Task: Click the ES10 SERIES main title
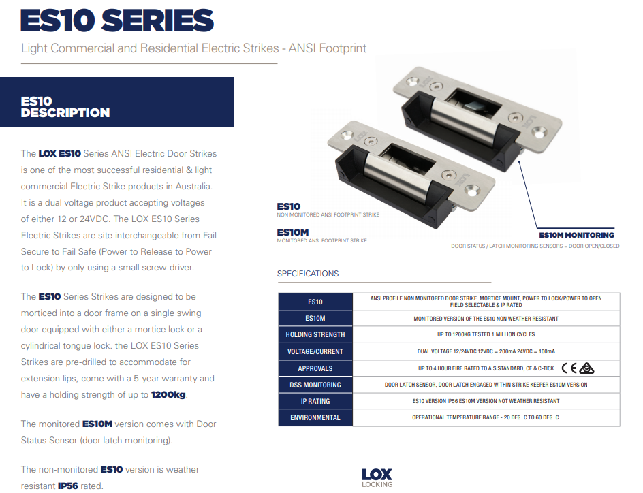coord(117,20)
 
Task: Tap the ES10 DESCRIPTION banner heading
coord(65,107)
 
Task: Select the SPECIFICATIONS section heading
coord(308,274)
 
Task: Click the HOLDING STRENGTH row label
coord(315,334)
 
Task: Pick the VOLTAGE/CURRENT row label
coord(315,351)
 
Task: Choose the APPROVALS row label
coord(315,368)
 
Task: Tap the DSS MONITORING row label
coord(315,385)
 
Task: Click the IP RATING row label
coord(315,401)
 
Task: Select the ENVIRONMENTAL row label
coord(315,417)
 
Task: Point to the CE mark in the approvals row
coord(569,368)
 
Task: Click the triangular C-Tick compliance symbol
coord(587,368)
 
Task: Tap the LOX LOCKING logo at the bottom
coord(377,478)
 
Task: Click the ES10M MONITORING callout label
coord(576,235)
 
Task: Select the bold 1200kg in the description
coord(168,395)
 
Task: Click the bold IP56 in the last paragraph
coord(67,486)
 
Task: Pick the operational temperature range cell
coord(486,417)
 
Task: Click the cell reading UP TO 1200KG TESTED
coord(486,334)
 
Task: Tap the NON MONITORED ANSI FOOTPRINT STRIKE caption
coord(328,214)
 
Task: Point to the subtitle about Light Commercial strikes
coord(193,48)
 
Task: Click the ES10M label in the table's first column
coord(315,319)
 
